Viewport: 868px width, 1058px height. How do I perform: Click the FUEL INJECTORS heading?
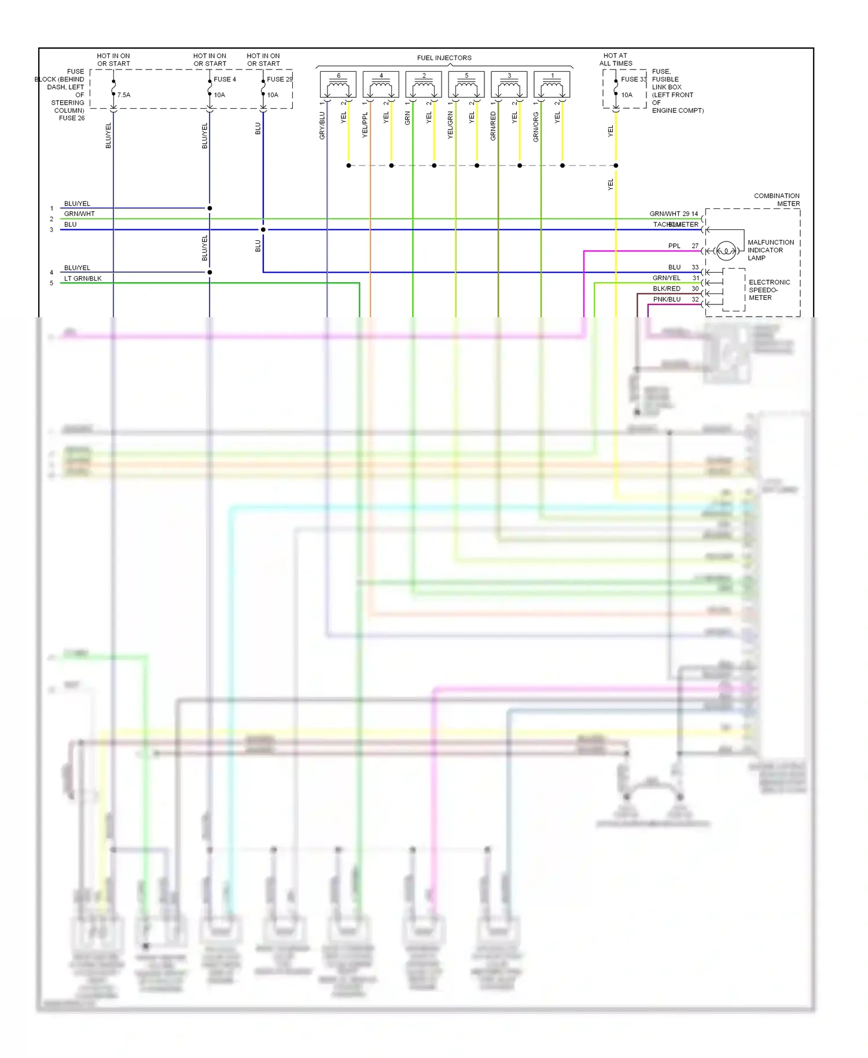pyautogui.click(x=444, y=58)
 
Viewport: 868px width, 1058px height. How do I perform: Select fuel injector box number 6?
pyautogui.click(x=338, y=85)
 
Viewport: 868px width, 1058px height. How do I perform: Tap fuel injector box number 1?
pyautogui.click(x=552, y=85)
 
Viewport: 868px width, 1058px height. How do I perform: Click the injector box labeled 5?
pyautogui.click(x=466, y=85)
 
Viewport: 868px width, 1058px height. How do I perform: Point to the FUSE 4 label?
pyautogui.click(x=225, y=79)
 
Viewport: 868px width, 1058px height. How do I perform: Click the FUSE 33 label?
pyautogui.click(x=634, y=79)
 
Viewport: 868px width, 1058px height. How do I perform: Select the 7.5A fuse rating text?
pyautogui.click(x=124, y=95)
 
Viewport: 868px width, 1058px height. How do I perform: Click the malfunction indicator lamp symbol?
pyautogui.click(x=726, y=251)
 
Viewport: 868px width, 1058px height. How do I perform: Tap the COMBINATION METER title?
pyautogui.click(x=777, y=200)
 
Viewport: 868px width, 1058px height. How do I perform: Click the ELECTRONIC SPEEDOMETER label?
pyautogui.click(x=768, y=290)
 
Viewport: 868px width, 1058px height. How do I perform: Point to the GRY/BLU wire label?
pyautogui.click(x=322, y=126)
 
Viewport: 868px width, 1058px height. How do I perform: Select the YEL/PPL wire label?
pyautogui.click(x=365, y=125)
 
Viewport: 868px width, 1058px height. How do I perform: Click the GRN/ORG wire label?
pyautogui.click(x=536, y=127)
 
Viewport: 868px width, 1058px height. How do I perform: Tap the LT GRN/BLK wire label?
pyautogui.click(x=83, y=278)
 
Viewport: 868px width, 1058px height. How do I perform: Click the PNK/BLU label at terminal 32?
pyautogui.click(x=667, y=299)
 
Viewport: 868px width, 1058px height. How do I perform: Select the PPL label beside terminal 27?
pyautogui.click(x=674, y=246)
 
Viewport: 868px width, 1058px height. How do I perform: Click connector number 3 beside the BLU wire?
pyautogui.click(x=52, y=230)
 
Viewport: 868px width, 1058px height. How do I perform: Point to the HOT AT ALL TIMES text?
pyautogui.click(x=616, y=60)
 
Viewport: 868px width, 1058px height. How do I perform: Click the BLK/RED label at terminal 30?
pyautogui.click(x=667, y=289)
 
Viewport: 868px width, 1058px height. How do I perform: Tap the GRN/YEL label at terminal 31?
pyautogui.click(x=666, y=278)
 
